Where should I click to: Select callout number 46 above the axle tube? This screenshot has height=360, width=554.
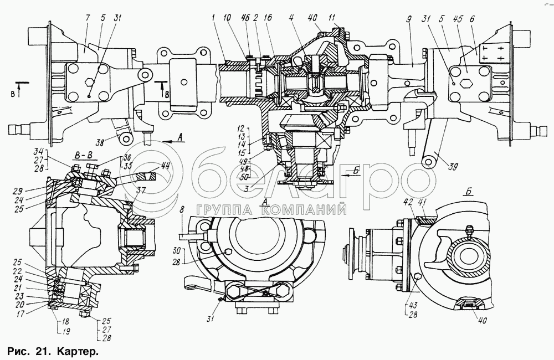click(x=246, y=18)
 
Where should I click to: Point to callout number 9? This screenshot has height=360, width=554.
click(x=409, y=18)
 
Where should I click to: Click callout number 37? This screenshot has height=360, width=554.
click(x=141, y=190)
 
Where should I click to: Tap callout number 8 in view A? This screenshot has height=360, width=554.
click(x=182, y=209)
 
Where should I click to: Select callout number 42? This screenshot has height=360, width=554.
click(x=409, y=202)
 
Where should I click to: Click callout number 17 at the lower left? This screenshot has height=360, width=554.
click(x=20, y=313)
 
